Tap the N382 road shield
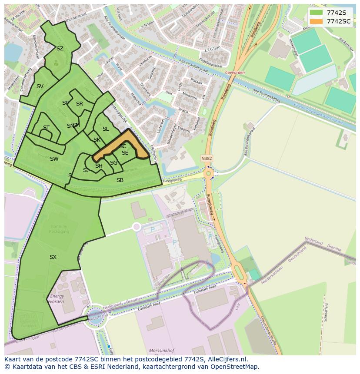point(207,159)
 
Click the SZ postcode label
point(60,49)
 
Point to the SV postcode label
point(40,86)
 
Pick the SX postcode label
point(53,257)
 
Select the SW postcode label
point(54,159)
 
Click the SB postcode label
point(120,180)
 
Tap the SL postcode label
point(106,129)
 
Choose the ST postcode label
point(46,128)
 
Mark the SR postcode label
point(80,104)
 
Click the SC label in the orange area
point(123,146)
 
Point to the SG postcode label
point(113,163)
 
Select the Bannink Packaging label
point(59,229)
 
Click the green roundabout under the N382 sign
point(208,174)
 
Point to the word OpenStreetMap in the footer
point(235,367)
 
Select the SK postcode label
point(97,140)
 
